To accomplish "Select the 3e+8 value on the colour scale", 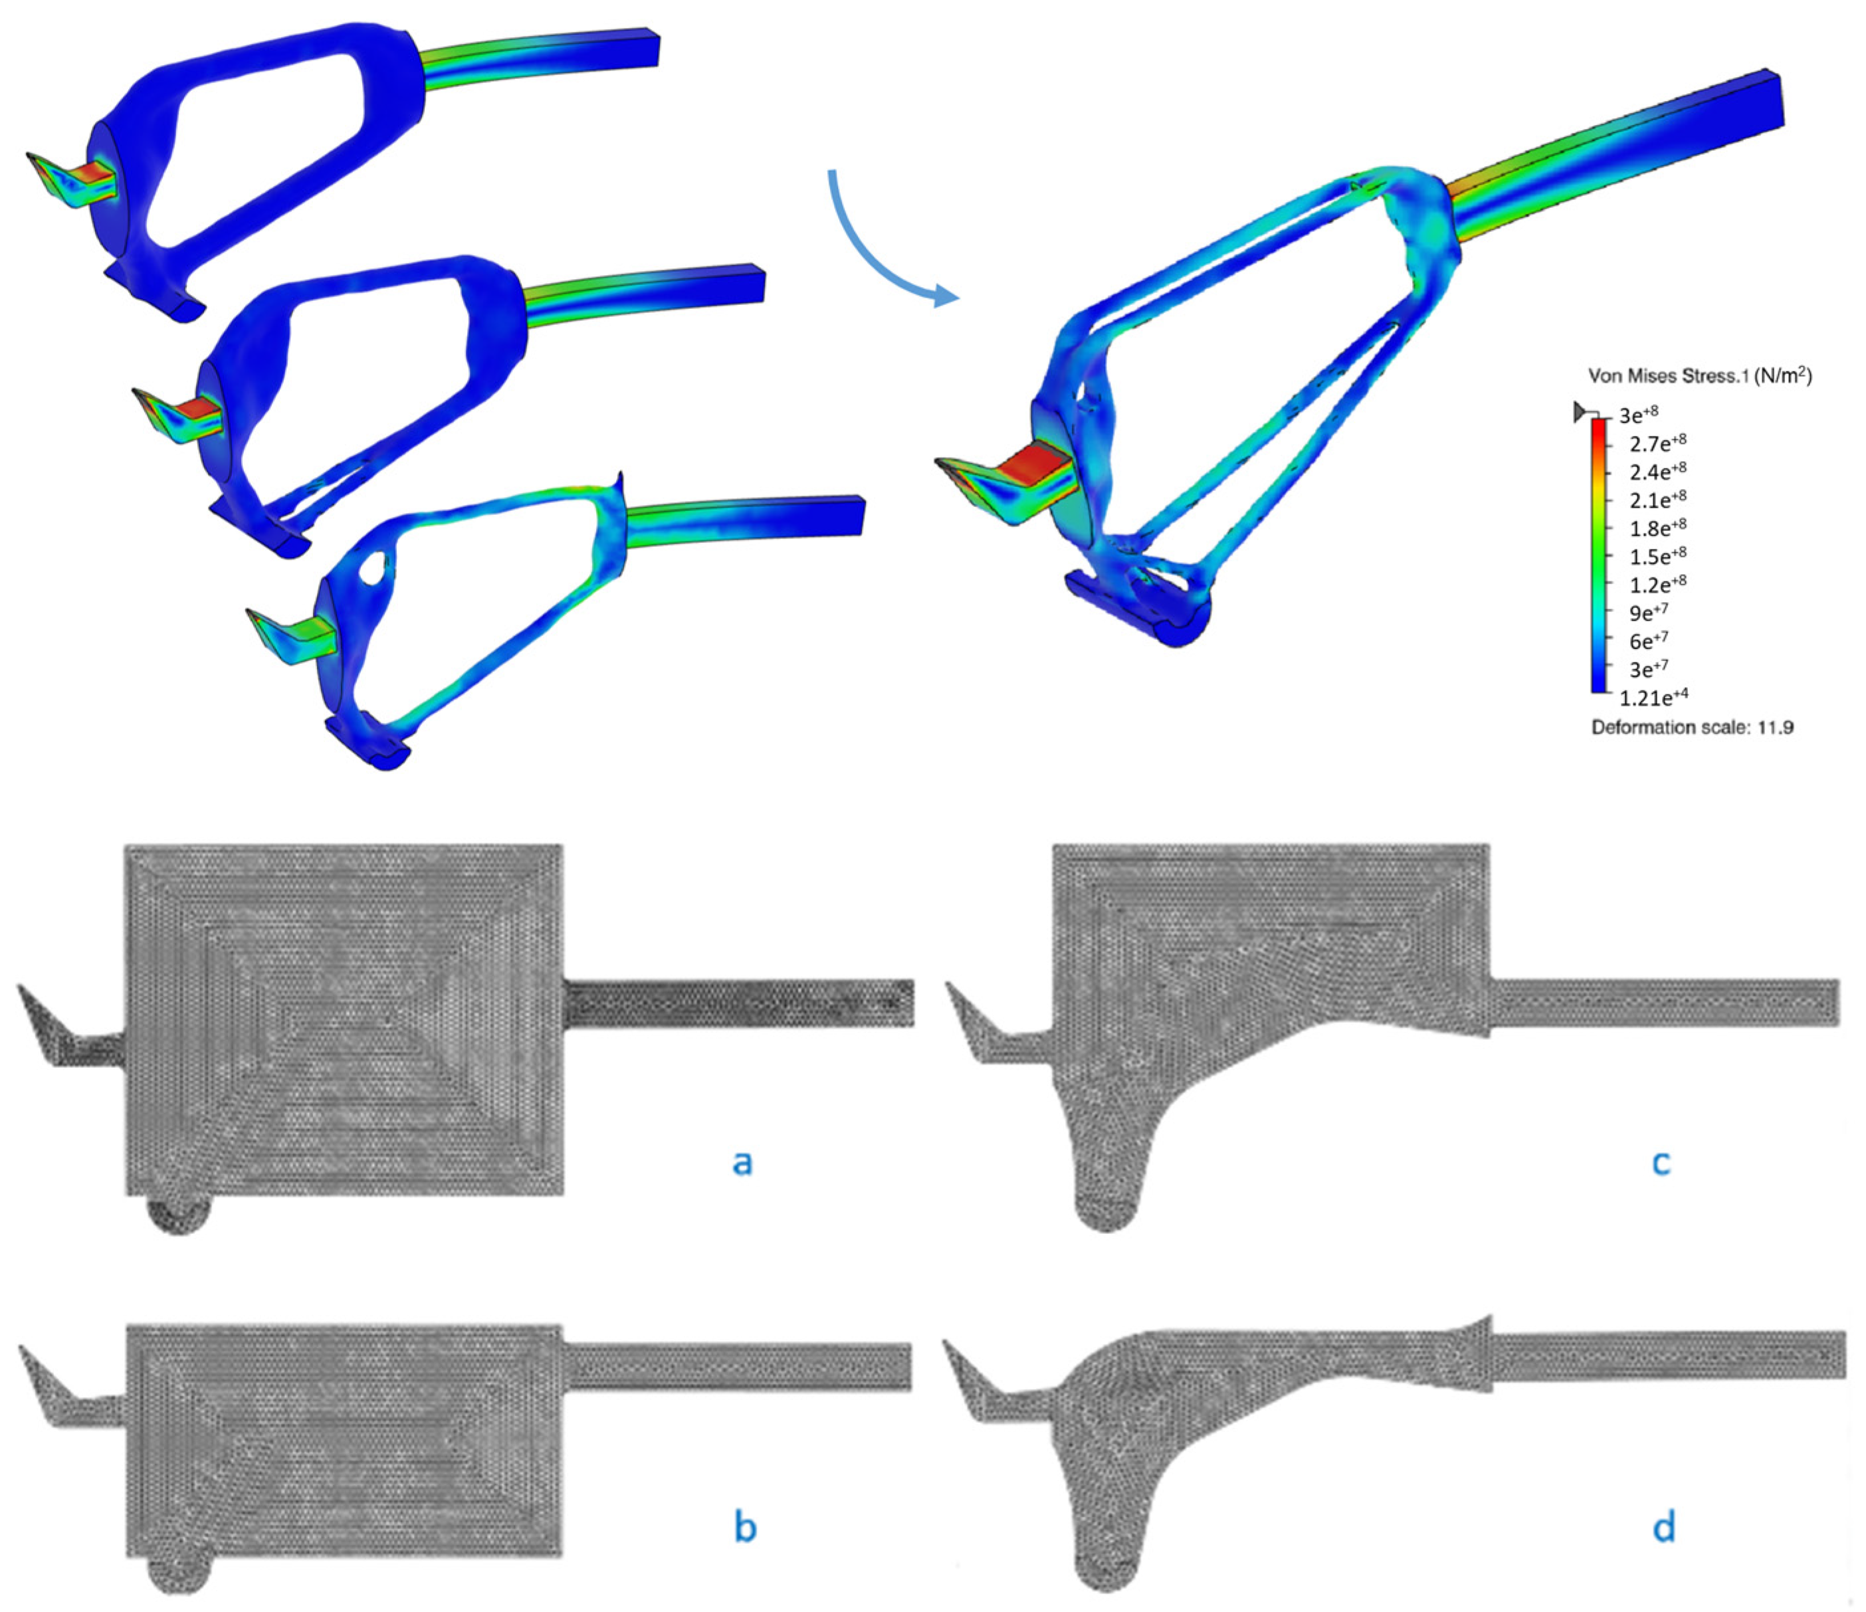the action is coord(1638,414).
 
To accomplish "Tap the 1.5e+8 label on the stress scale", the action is coord(1658,555).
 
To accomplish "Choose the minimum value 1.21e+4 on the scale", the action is coord(1653,696).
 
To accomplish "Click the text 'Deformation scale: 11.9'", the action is coord(1692,727).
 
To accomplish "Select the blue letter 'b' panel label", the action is coord(745,1528).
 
